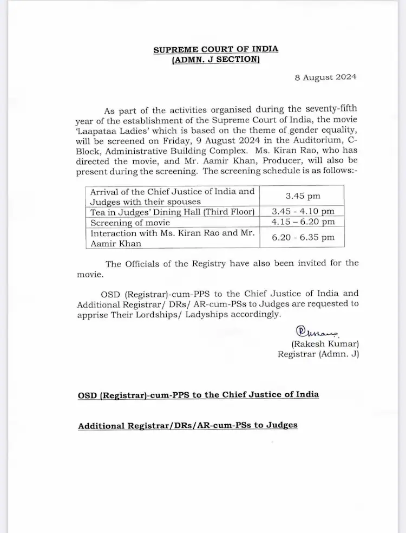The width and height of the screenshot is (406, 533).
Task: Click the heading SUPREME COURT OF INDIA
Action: (x=215, y=49)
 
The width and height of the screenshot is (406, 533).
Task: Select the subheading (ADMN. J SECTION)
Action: (x=215, y=60)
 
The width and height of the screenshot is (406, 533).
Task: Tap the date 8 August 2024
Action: (x=325, y=77)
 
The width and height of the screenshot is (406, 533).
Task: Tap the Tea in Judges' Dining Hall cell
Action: (x=172, y=211)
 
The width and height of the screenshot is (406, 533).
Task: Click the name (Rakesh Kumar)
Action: (x=325, y=344)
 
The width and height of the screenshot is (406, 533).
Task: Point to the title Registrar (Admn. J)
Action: (x=318, y=354)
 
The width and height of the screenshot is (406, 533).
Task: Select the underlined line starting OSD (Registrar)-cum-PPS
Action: (x=198, y=394)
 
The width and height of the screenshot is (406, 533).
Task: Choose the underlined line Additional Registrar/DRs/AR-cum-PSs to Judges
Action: (x=188, y=425)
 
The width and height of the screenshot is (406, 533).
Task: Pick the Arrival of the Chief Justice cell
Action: (x=172, y=196)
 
